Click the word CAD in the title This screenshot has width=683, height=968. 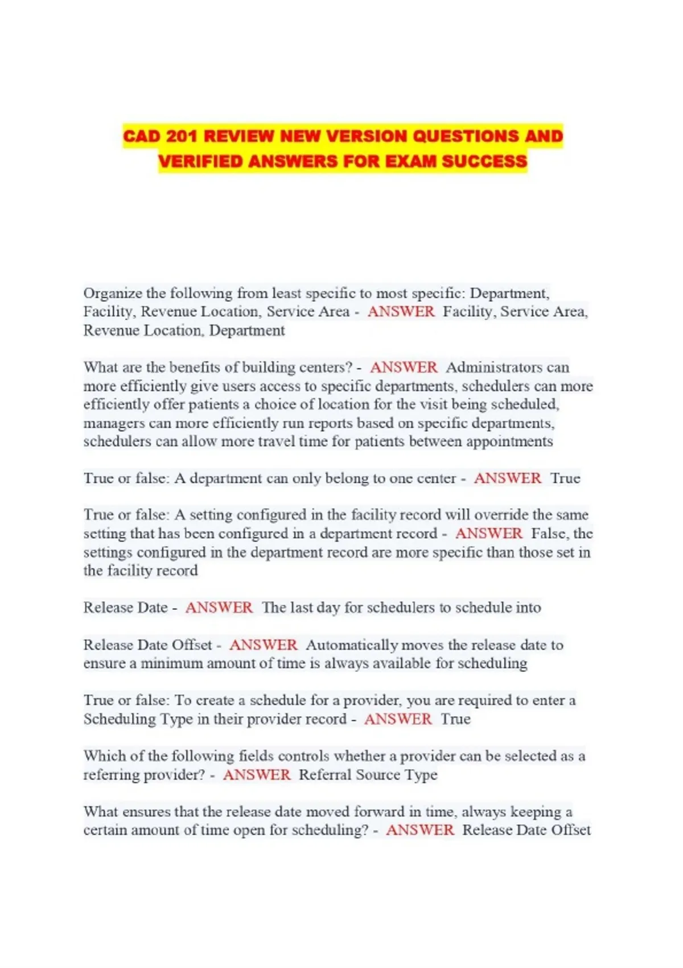tap(143, 137)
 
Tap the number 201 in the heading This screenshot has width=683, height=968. tap(183, 137)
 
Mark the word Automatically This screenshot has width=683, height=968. tap(351, 645)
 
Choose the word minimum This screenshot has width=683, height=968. tap(171, 663)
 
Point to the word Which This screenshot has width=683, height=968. tap(104, 756)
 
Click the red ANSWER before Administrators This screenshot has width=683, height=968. tap(404, 367)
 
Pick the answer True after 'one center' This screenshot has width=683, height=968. tap(565, 478)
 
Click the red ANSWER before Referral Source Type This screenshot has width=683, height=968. tap(257, 774)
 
